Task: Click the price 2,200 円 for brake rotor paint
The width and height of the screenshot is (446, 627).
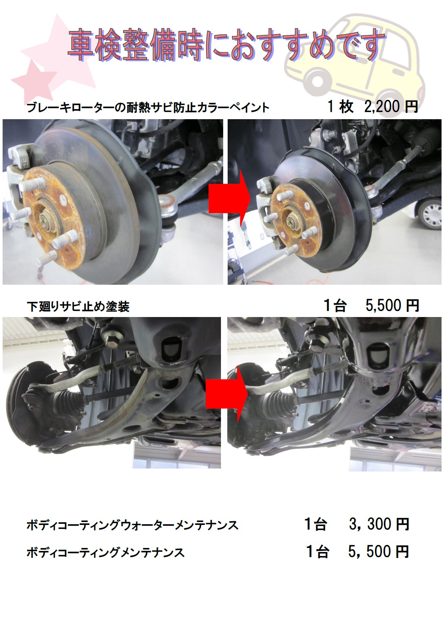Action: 391,107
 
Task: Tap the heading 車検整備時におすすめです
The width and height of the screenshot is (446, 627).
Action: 226,45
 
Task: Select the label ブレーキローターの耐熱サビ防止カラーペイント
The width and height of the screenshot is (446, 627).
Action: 148,108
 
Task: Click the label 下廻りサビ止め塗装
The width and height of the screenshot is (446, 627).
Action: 78,307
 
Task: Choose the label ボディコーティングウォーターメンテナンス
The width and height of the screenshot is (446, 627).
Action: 133,525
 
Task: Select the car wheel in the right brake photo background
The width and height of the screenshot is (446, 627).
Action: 430,214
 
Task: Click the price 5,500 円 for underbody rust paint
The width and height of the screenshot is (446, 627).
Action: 392,306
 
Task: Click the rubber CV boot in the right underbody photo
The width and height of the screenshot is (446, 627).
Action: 280,403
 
